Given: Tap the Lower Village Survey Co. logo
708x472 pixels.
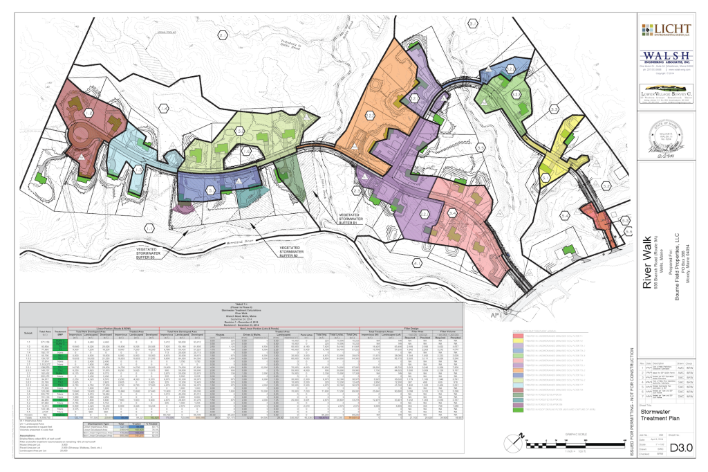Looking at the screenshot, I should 666,93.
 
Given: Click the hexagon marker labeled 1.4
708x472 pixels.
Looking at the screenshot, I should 164,109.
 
